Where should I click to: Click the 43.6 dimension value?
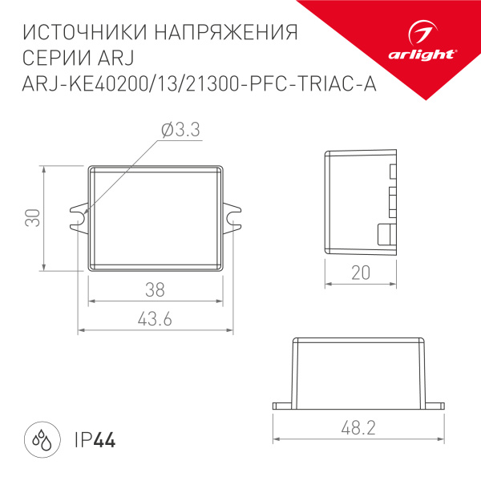coord(156,319)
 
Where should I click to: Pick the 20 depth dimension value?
coord(361,273)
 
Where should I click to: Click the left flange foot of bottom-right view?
coord(282,405)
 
